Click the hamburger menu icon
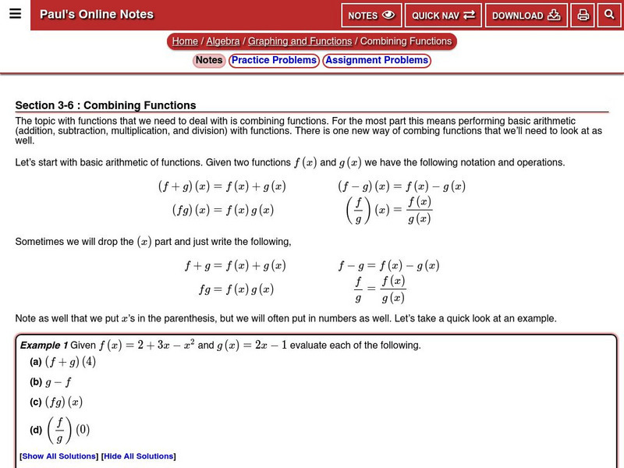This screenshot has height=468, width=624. click(x=15, y=14)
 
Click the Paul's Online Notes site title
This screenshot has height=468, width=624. click(x=97, y=15)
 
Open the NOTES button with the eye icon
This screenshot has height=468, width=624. click(x=371, y=16)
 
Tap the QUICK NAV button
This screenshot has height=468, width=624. click(x=443, y=16)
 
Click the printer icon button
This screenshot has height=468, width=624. click(x=583, y=16)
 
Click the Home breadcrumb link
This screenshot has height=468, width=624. click(x=185, y=41)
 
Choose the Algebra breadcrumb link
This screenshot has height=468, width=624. click(x=223, y=41)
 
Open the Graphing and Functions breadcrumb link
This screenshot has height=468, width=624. click(x=300, y=41)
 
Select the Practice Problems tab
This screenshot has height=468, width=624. click(x=274, y=60)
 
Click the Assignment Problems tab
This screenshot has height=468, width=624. click(x=377, y=60)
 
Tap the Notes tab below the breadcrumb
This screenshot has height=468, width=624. click(x=209, y=60)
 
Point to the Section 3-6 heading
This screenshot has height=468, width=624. click(x=106, y=105)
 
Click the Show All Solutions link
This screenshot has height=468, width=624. click(x=58, y=456)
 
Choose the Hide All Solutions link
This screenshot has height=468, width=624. click(x=138, y=456)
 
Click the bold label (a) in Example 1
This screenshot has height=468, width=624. click(x=36, y=363)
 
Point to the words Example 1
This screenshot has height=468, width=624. click(x=44, y=346)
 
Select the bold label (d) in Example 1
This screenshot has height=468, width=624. click(x=36, y=430)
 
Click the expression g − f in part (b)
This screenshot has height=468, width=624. click(x=58, y=382)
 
